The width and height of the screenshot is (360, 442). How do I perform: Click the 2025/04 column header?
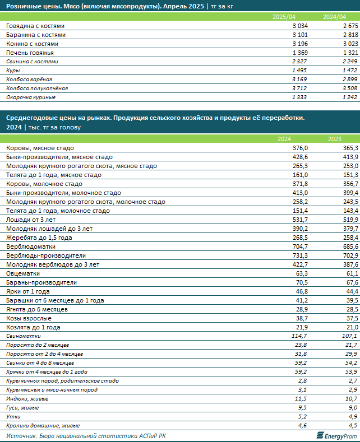(284, 17)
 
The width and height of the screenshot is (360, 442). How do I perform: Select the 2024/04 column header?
(334, 17)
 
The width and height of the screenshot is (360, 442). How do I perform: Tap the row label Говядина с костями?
(35, 26)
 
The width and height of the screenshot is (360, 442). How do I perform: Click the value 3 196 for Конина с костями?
(300, 44)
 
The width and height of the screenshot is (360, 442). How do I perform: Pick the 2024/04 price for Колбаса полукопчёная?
(350, 89)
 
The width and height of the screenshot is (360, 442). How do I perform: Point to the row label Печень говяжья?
(30, 53)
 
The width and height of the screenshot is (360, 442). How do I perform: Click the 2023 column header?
(335, 139)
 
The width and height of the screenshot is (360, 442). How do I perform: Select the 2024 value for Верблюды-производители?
(300, 255)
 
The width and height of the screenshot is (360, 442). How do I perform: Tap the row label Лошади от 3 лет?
(31, 220)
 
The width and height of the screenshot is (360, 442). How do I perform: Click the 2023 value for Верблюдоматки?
(350, 246)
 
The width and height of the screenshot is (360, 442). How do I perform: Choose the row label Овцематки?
(23, 274)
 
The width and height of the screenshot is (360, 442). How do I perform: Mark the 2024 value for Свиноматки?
(299, 336)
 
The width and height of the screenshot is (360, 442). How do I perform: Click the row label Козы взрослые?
(29, 319)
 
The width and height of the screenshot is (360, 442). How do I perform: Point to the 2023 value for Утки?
(352, 417)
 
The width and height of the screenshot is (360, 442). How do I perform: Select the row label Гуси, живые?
(22, 408)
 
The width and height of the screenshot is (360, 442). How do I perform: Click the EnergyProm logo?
(336, 436)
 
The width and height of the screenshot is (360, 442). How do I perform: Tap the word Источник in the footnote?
(21, 436)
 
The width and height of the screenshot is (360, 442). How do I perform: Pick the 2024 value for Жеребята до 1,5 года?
(300, 238)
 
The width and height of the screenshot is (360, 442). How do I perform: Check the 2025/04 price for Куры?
(299, 71)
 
